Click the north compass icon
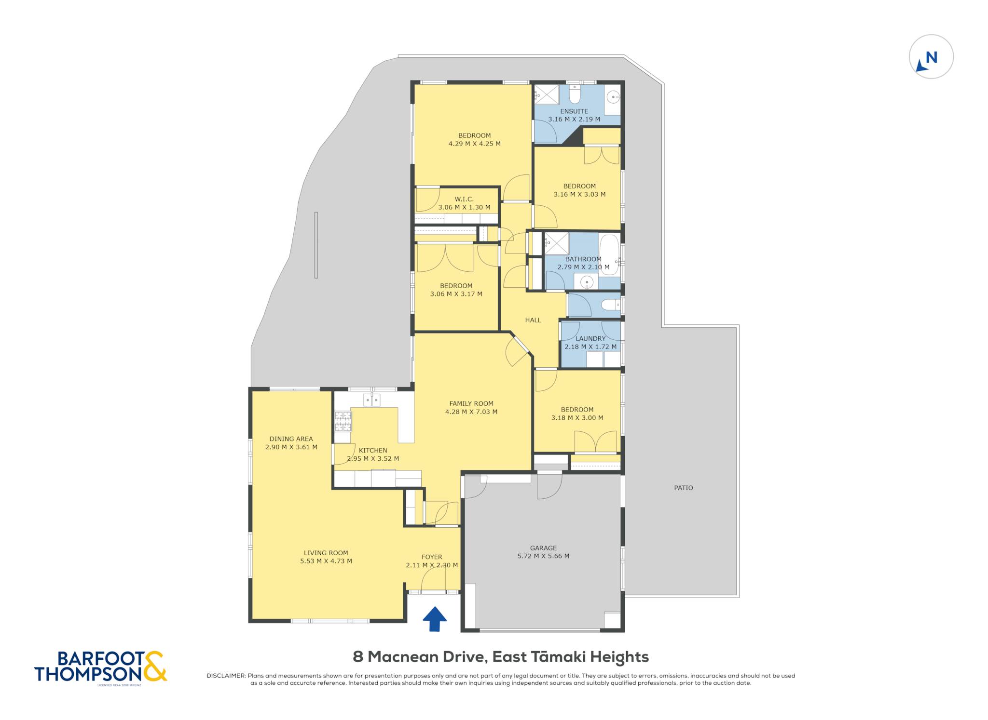tap(931, 57)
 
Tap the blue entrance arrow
tap(435, 619)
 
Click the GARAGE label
tap(543, 548)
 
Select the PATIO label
tap(683, 488)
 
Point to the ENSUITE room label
tap(574, 111)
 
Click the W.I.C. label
tap(464, 199)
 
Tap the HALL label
tap(533, 320)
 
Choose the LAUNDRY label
tap(590, 338)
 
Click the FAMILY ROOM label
tap(471, 404)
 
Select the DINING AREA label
tap(291, 439)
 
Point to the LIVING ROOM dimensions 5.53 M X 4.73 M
tap(326, 561)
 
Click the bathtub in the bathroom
tap(609, 254)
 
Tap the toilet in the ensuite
tap(575, 94)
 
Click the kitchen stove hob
tap(343, 421)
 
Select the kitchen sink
tap(371, 400)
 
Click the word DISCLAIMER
tap(226, 676)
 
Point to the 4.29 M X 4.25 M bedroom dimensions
tap(475, 144)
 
